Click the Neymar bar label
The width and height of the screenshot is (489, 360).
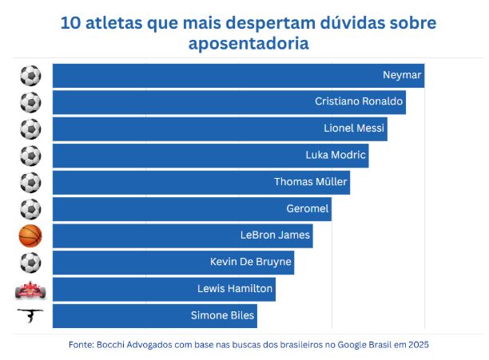[402, 76]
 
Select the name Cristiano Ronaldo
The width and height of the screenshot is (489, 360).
[359, 102]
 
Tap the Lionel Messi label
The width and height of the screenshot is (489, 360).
[354, 129]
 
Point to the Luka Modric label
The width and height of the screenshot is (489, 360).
[336, 155]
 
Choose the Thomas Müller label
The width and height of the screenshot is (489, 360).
[311, 182]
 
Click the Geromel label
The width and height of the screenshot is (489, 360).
[308, 208]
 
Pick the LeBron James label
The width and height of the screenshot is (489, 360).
[275, 235]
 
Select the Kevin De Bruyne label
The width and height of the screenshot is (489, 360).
[250, 262]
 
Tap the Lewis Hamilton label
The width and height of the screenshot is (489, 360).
[235, 288]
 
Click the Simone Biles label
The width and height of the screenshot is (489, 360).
[223, 315]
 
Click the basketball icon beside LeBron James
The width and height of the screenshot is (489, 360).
[30, 235]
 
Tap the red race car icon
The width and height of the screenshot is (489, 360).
[30, 289]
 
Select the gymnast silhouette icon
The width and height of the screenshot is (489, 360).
[30, 315]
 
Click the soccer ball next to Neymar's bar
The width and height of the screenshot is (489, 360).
[30, 76]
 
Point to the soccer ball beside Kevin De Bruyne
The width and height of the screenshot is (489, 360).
[30, 262]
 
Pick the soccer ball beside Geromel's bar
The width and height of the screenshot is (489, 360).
[30, 209]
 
